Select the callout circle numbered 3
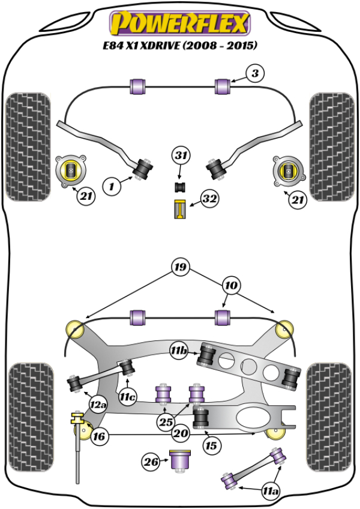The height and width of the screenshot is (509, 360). (254, 74)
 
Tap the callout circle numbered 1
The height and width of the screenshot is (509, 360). (112, 187)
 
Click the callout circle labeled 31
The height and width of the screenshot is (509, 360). (181, 157)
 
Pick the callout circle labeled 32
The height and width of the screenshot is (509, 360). (209, 199)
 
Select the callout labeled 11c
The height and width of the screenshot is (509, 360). (127, 396)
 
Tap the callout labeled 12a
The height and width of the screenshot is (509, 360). (97, 406)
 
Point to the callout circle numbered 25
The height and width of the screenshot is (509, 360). (166, 422)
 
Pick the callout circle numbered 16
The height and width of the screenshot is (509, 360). (100, 437)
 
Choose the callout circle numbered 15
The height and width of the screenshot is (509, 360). (211, 445)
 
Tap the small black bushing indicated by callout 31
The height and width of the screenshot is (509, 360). (180, 187)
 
